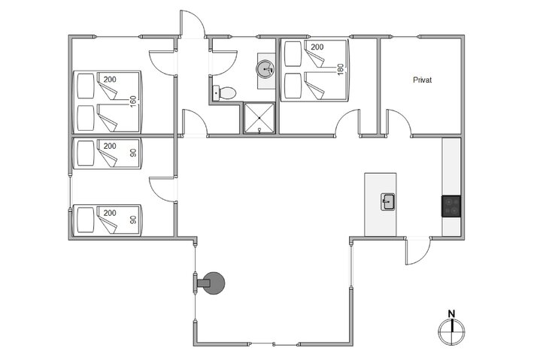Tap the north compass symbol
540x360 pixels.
tap(451, 329)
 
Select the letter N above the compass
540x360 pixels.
tap(451, 314)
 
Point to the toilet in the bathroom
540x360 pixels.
tap(225, 93)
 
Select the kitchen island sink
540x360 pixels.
tap(388, 201)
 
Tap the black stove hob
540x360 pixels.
tap(451, 205)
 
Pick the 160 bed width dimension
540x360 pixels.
tap(134, 101)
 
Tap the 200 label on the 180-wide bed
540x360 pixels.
tap(317, 47)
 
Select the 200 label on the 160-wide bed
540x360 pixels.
tap(110, 80)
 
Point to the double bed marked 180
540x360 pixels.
tap(315, 71)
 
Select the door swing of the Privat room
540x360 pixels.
tap(399, 123)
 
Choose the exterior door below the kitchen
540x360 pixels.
tap(417, 251)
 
